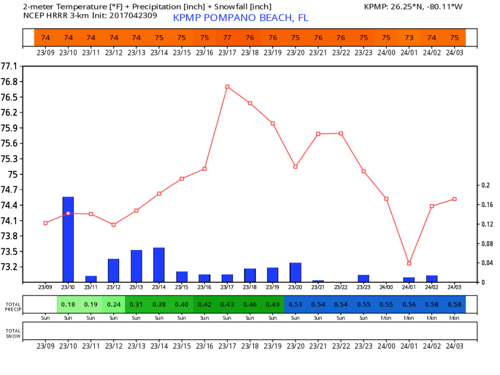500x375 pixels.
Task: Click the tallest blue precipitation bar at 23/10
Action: click(x=68, y=238)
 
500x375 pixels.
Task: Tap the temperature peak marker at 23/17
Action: click(x=227, y=86)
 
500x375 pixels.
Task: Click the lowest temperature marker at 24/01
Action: click(x=409, y=263)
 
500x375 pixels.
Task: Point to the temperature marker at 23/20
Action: click(x=296, y=167)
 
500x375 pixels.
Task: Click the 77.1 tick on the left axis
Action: click(x=9, y=66)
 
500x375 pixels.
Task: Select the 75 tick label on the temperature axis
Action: click(x=12, y=174)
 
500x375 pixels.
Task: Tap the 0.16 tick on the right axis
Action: click(x=487, y=205)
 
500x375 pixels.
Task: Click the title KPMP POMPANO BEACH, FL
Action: click(x=241, y=18)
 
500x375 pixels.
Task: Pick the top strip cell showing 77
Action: click(x=227, y=37)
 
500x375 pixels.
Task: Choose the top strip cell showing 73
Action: click(x=409, y=37)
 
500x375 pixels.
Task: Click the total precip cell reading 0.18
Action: click(x=68, y=304)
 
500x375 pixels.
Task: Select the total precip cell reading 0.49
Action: click(x=273, y=304)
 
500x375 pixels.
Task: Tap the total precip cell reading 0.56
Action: click(x=409, y=304)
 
